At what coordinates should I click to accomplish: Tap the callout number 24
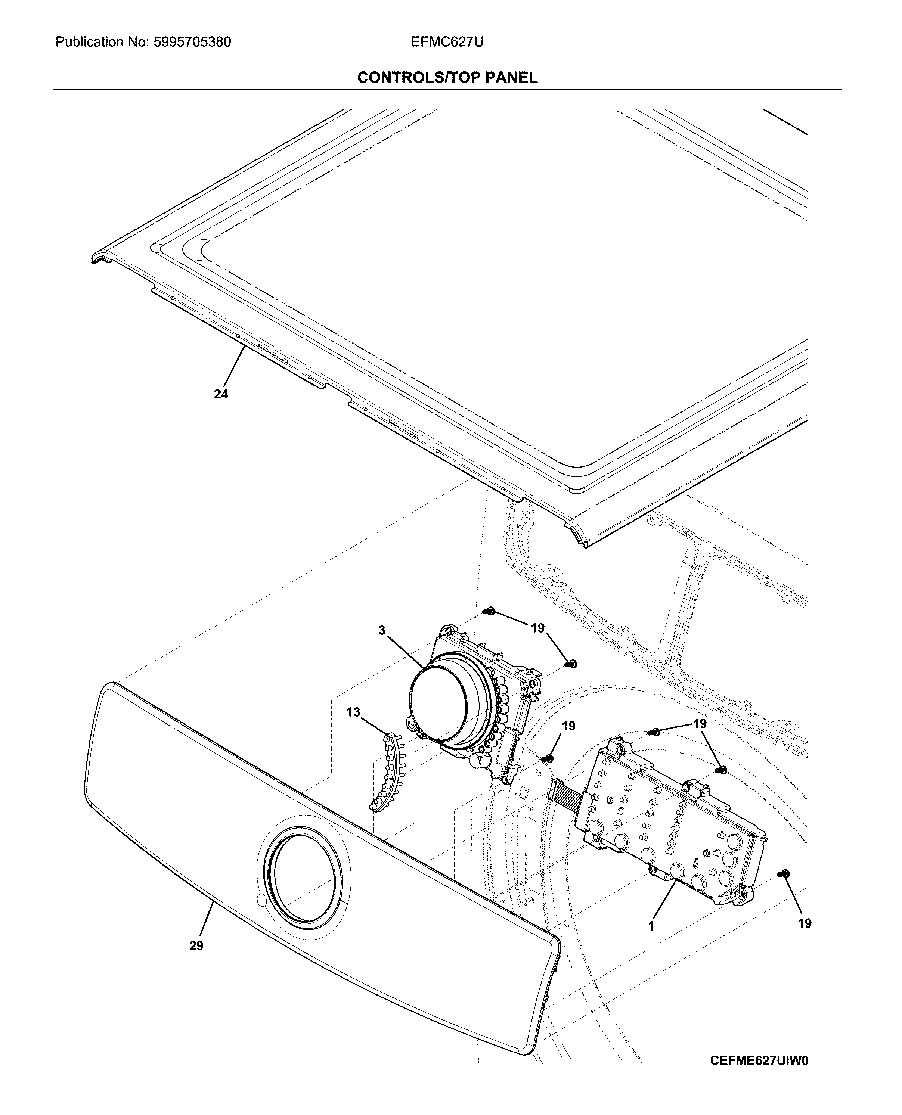221,394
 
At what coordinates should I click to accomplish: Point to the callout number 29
196,946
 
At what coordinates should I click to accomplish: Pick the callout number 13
353,712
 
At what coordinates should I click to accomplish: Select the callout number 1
651,925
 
